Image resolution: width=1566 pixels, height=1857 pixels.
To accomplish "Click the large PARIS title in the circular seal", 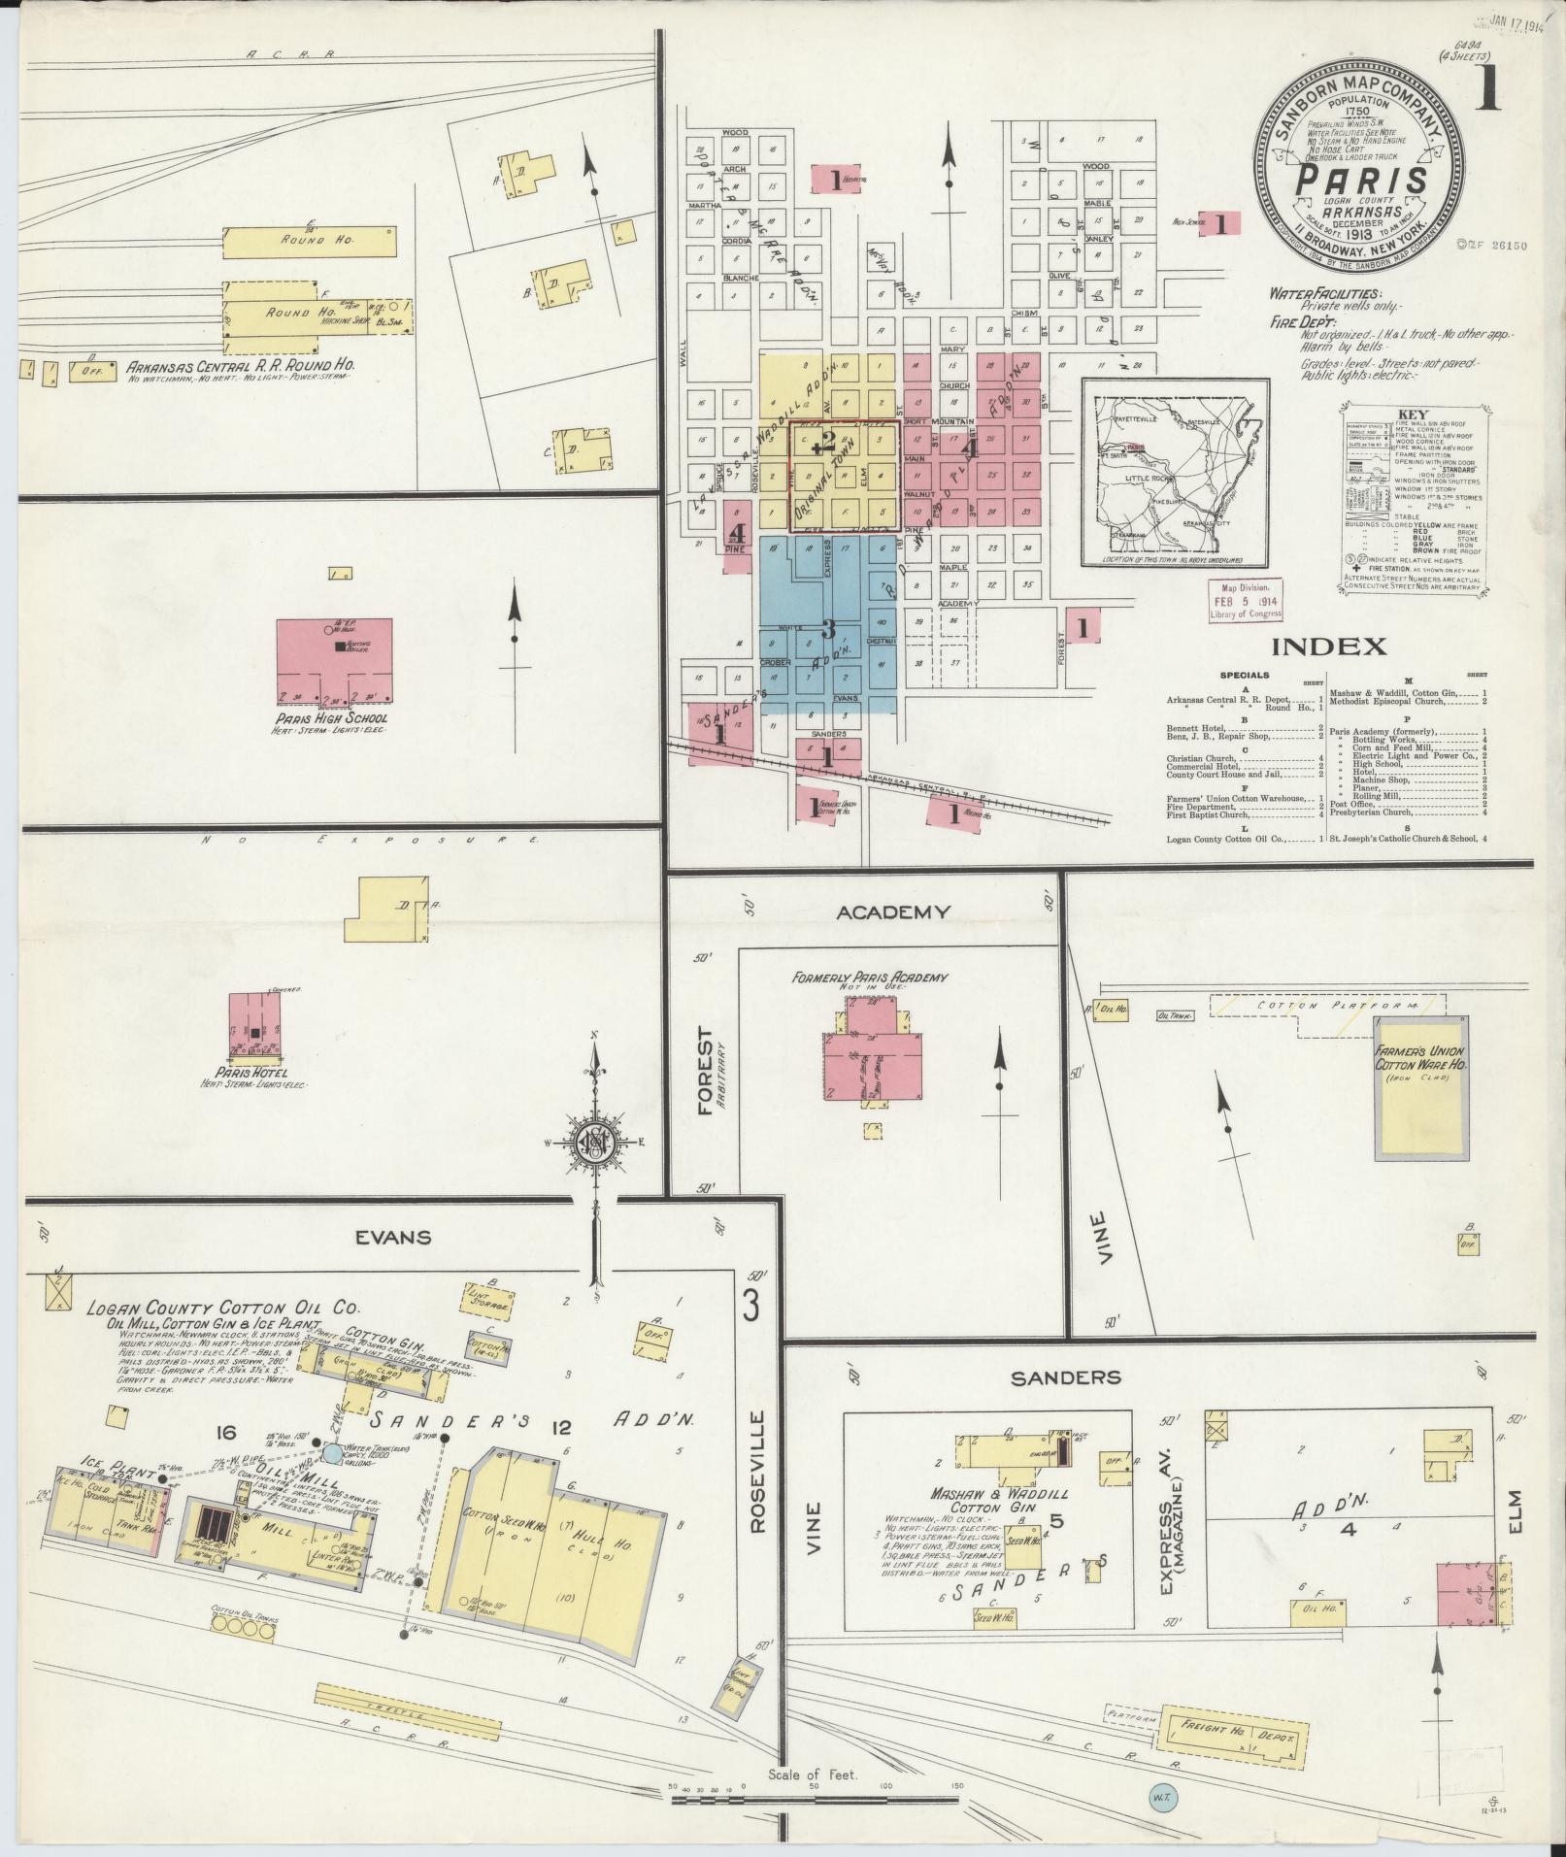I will (1362, 181).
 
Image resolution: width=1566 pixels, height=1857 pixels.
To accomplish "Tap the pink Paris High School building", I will (335, 660).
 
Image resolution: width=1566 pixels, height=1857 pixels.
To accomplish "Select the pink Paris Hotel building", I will (254, 1025).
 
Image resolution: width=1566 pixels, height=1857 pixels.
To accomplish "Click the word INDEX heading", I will (1329, 647).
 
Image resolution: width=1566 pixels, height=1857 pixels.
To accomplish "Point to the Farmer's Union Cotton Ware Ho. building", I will (1419, 1086).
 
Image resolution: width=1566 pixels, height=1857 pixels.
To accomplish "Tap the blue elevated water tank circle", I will (333, 1453).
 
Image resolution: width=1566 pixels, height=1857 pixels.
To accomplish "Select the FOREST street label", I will (705, 1072).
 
